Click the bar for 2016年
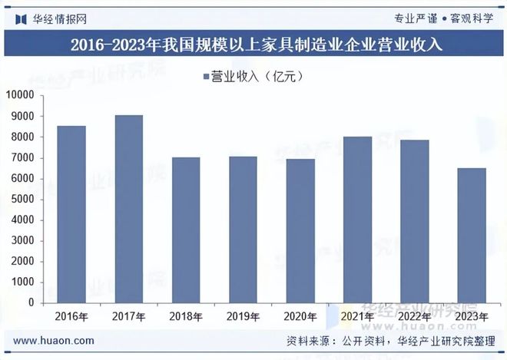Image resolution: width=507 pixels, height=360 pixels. (x=71, y=214)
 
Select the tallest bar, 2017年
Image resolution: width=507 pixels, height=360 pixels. (x=128, y=209)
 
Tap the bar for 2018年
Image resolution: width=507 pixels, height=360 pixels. (x=185, y=230)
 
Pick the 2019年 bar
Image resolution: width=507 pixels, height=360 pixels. (x=243, y=230)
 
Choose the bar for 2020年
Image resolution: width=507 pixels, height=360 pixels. (x=300, y=231)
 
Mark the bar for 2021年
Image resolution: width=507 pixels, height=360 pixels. (x=357, y=220)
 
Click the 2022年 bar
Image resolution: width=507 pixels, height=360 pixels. (x=414, y=221)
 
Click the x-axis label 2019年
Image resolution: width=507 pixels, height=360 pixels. (x=243, y=316)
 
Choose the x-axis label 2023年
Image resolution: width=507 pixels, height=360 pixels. (x=472, y=316)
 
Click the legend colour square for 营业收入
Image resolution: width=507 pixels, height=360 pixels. (x=206, y=76)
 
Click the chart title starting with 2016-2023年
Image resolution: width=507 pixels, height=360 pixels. (x=253, y=45)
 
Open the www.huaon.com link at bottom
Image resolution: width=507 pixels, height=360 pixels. (x=54, y=341)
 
